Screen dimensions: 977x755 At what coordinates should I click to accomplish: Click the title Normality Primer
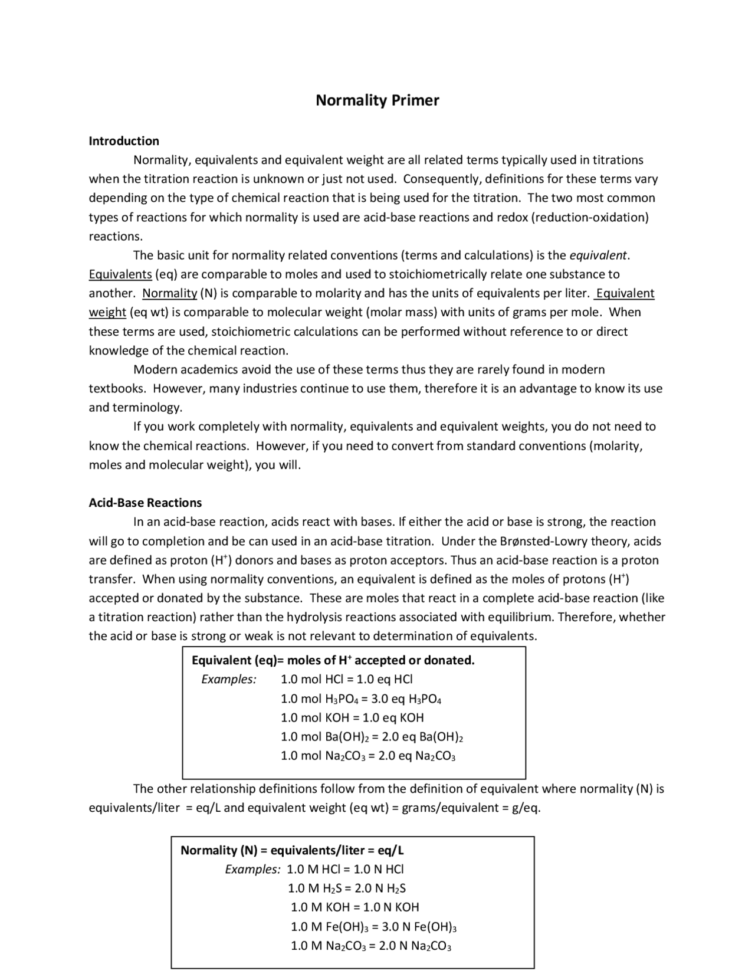tap(377, 100)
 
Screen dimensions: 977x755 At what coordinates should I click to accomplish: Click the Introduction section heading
tap(124, 141)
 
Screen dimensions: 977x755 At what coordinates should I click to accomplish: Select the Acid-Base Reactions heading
tap(145, 503)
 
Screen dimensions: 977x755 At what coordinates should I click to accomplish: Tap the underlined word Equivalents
tap(120, 274)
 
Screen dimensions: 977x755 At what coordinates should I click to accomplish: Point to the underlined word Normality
tap(170, 293)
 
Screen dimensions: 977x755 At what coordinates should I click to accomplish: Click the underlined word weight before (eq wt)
tap(107, 312)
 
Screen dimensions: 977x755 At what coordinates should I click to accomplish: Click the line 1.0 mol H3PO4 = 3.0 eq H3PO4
tap(361, 699)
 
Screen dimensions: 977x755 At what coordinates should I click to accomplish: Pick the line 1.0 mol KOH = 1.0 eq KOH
tap(352, 718)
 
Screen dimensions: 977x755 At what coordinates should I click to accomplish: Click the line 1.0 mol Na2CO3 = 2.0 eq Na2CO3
tap(368, 756)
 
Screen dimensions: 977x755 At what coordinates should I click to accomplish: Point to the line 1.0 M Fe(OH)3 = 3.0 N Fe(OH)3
tap(374, 926)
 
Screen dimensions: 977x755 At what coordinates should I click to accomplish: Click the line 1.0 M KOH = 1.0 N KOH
tap(354, 907)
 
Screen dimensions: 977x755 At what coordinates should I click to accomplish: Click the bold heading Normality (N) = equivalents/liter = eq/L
tap(292, 850)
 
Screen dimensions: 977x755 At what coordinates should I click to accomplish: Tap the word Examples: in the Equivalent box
tap(229, 680)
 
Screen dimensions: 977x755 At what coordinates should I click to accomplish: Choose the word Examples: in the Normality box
tap(252, 870)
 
